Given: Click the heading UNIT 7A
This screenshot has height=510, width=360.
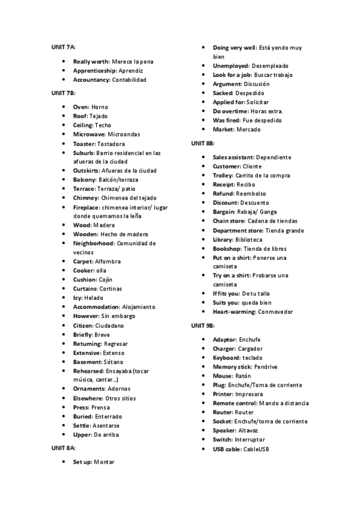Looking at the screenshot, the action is pyautogui.click(x=63, y=46).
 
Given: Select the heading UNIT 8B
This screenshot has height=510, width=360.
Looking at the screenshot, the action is pyautogui.click(x=203, y=143).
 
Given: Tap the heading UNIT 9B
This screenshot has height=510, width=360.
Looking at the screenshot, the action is pyautogui.click(x=203, y=325).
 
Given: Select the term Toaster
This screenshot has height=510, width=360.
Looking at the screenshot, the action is pyautogui.click(x=84, y=144).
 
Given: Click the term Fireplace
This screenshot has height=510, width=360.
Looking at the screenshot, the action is pyautogui.click(x=87, y=207).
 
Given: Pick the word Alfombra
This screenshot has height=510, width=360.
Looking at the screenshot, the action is pyautogui.click(x=108, y=262).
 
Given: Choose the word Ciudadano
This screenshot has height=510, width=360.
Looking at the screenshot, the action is pyautogui.click(x=110, y=325).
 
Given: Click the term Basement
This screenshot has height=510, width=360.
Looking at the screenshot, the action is pyautogui.click(x=88, y=362).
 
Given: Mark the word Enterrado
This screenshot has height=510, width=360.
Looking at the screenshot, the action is pyautogui.click(x=108, y=416).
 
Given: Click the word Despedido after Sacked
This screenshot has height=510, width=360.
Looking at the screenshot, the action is pyautogui.click(x=249, y=93).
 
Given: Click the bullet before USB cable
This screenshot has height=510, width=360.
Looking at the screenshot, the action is pyautogui.click(x=204, y=449).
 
